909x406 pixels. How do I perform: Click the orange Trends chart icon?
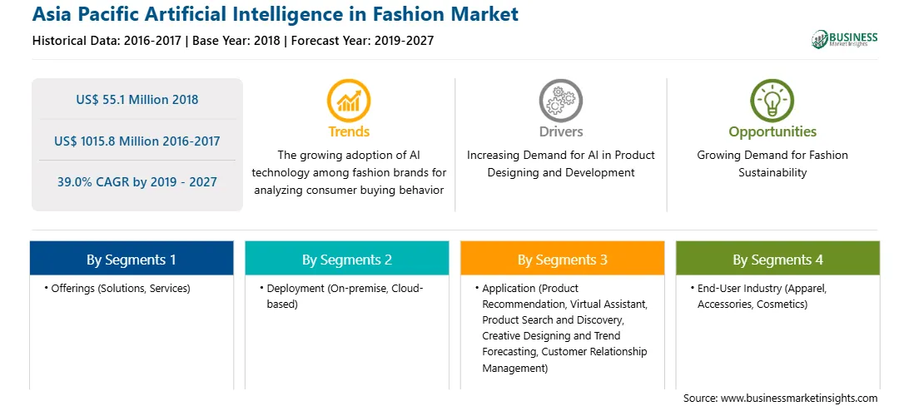(349, 101)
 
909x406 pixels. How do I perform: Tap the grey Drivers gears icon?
(560, 101)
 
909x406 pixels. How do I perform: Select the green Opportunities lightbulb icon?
(772, 101)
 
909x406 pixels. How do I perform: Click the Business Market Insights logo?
(845, 39)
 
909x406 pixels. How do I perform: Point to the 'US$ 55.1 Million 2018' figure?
(137, 100)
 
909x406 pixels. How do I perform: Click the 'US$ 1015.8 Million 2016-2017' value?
(137, 141)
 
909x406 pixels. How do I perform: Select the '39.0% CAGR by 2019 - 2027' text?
(137, 182)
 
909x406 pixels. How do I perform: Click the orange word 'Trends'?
(349, 131)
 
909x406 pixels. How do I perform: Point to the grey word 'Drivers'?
(560, 131)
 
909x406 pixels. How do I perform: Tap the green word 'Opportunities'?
(772, 132)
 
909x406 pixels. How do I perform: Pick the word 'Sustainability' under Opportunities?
(772, 172)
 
